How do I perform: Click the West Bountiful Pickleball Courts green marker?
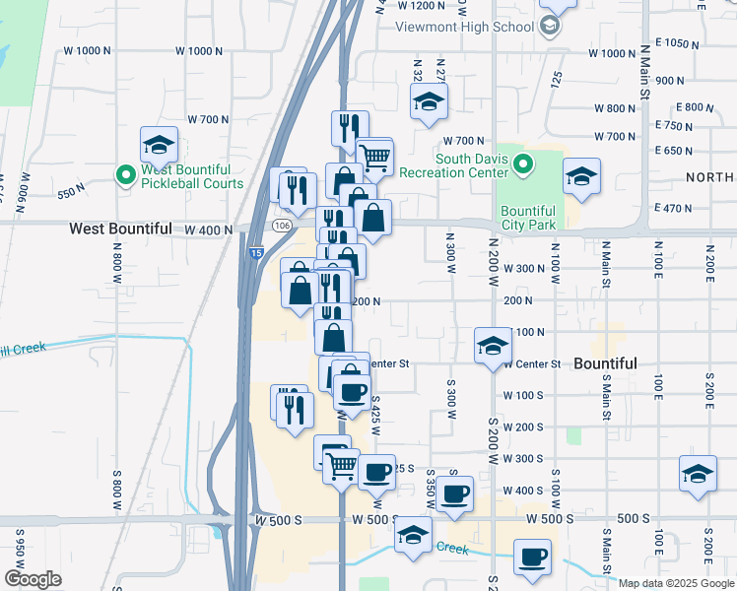[x=125, y=175]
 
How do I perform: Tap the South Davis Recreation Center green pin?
[x=523, y=164]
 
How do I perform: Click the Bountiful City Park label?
[x=528, y=218]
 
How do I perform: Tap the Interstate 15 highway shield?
[x=256, y=253]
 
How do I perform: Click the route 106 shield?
[x=282, y=226]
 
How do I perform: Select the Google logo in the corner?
[x=33, y=579]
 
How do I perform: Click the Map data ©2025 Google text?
[x=676, y=582]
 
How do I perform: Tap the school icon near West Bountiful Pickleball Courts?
[x=159, y=146]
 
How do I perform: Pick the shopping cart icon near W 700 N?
[x=374, y=156]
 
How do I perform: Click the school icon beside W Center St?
[x=493, y=346]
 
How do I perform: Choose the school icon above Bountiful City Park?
[x=581, y=177]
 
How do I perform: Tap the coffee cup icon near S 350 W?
[x=454, y=494]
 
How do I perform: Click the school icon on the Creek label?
[x=414, y=535]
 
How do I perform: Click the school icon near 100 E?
[x=698, y=474]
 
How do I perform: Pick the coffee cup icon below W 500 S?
[x=533, y=557]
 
